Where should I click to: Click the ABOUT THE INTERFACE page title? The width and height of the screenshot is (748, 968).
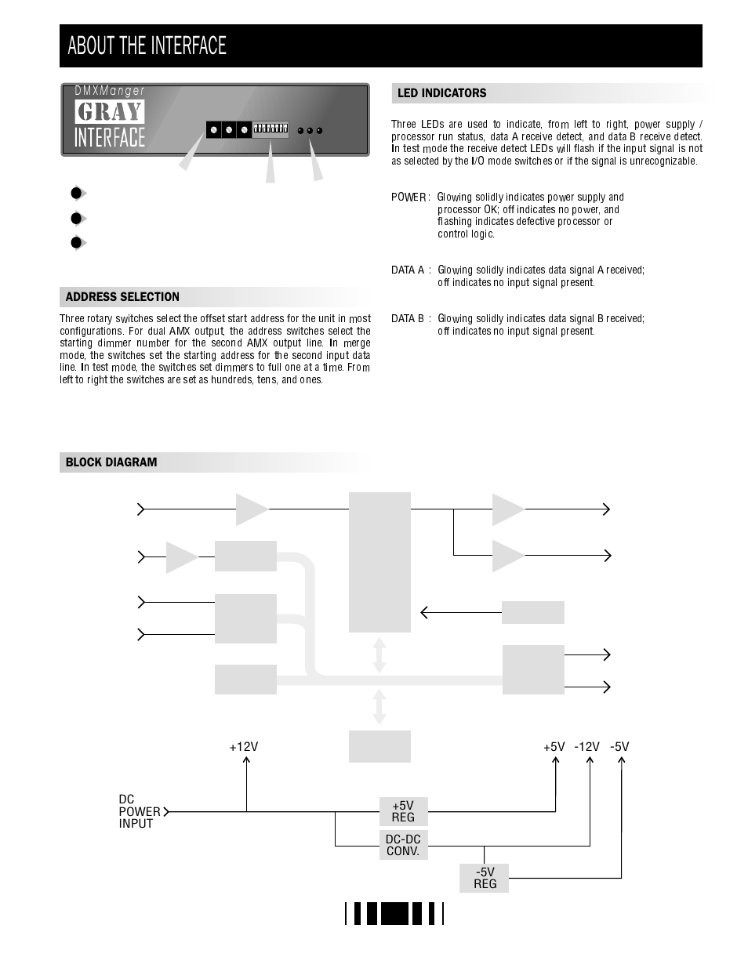(147, 46)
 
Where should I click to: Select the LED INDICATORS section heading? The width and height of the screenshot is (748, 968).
(441, 93)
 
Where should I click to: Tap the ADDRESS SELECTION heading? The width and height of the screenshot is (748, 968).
(122, 297)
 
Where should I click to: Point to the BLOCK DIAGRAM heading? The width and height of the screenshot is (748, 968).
(111, 462)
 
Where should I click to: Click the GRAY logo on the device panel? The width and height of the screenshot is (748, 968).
(110, 112)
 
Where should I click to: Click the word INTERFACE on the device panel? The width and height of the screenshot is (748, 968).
(110, 138)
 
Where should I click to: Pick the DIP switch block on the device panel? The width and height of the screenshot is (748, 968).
(271, 128)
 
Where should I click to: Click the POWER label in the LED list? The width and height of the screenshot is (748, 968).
(408, 198)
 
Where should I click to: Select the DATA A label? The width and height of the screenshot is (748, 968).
(408, 270)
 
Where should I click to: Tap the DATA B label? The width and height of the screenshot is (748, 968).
(408, 319)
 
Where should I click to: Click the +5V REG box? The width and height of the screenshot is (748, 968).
(403, 811)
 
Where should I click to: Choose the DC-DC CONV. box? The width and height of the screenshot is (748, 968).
(403, 845)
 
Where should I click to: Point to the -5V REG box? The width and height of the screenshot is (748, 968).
(485, 878)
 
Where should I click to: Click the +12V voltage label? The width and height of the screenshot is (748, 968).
(244, 747)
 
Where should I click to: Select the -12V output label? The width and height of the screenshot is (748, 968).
(586, 747)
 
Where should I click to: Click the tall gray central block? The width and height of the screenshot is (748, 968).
(379, 562)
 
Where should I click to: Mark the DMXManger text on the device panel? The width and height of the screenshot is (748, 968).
(110, 91)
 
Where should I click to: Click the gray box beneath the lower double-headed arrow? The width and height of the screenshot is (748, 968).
(379, 746)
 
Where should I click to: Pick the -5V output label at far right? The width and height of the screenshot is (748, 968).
(619, 747)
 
